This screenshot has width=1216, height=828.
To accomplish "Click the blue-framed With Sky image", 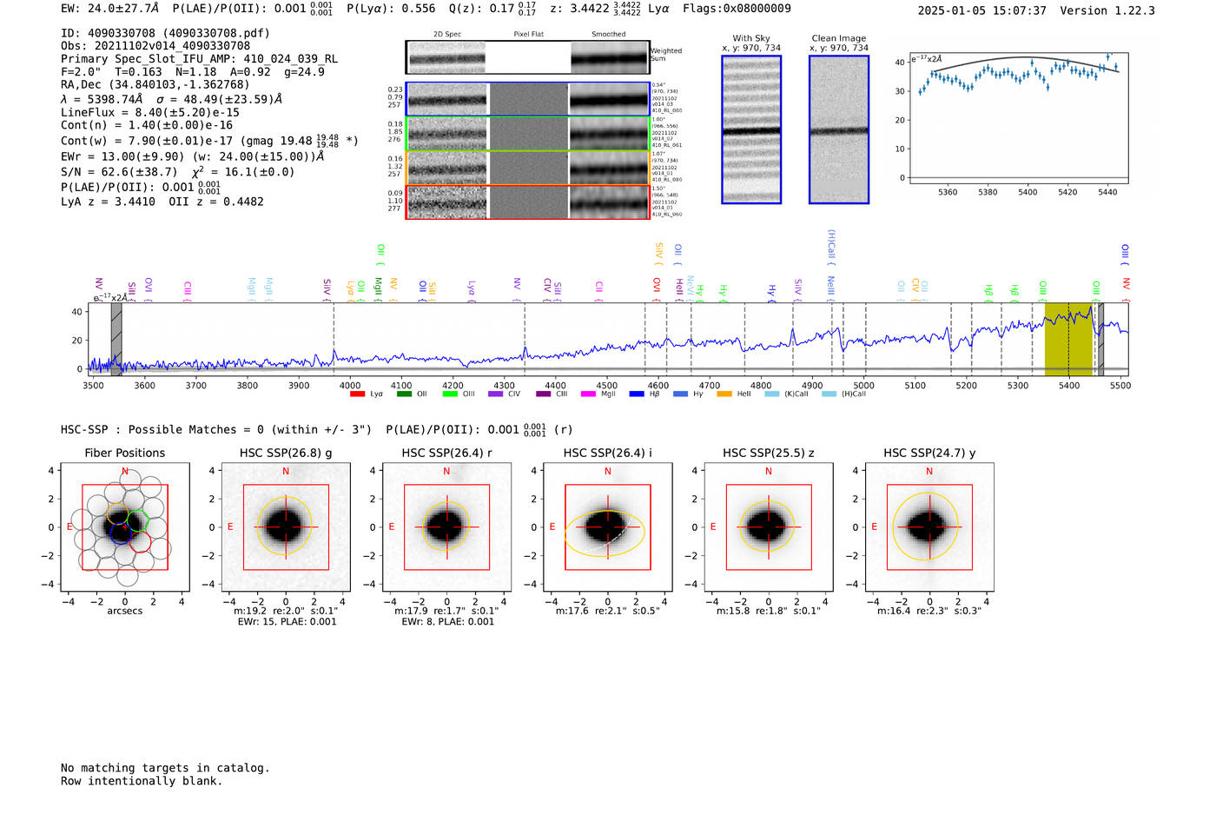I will [751, 129].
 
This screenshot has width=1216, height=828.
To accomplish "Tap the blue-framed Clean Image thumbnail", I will [838, 129].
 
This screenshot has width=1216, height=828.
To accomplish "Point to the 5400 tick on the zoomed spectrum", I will [1028, 192].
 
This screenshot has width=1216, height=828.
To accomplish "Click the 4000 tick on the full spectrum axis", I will [350, 386].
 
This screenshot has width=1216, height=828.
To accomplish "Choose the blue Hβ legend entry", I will [645, 394].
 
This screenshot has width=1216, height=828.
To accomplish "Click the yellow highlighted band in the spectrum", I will [1068, 339].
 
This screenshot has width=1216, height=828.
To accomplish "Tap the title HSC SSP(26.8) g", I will [286, 453].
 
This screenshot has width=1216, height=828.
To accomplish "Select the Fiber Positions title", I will [125, 453].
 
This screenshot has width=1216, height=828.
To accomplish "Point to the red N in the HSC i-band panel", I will [608, 472].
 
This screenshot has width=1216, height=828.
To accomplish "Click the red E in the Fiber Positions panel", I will [70, 527].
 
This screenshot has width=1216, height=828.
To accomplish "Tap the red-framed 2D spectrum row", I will [527, 202].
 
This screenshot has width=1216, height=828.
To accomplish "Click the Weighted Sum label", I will [666, 55].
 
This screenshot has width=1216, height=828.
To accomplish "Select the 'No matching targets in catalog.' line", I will [165, 768].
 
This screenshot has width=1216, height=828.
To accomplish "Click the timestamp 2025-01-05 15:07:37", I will [981, 10].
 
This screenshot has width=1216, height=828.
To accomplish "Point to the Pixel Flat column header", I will [528, 35].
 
